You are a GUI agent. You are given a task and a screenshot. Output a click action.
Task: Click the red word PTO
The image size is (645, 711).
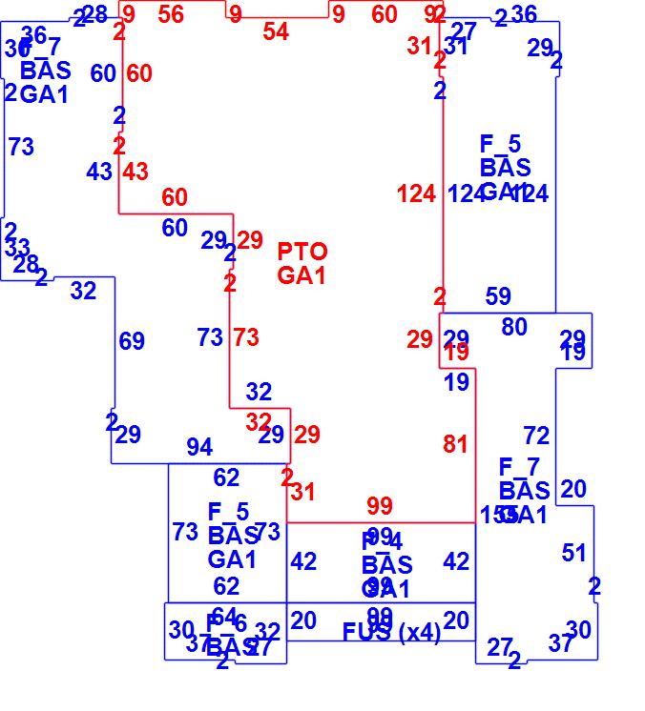click(x=302, y=252)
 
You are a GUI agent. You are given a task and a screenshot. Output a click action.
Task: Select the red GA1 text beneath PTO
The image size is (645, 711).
click(x=302, y=275)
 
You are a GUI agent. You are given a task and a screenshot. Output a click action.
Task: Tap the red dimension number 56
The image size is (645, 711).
click(x=171, y=13)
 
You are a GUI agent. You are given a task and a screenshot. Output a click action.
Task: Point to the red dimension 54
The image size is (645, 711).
click(x=276, y=31)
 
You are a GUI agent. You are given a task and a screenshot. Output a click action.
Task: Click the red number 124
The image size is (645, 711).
click(x=416, y=194)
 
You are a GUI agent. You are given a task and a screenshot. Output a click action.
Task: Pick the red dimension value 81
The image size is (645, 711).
click(x=456, y=444)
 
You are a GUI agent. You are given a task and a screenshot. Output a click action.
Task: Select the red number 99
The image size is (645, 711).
click(x=380, y=505)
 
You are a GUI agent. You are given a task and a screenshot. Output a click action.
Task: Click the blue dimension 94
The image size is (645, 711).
click(x=199, y=447)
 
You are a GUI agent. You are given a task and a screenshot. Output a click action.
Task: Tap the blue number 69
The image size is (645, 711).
click(x=132, y=341)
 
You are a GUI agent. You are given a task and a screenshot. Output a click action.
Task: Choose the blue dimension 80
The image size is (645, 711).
click(x=514, y=327)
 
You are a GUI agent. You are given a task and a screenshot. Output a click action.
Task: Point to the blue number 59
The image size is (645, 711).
click(x=498, y=296)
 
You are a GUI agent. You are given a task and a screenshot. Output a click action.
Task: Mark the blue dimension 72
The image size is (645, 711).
click(x=537, y=436)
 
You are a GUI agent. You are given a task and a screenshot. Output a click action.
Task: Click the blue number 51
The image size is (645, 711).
click(x=574, y=553)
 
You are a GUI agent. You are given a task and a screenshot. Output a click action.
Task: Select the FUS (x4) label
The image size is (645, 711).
click(x=391, y=632)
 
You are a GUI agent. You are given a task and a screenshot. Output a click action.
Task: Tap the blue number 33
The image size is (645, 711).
click(x=17, y=248)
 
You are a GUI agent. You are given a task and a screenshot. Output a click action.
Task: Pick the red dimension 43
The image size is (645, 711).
click(x=135, y=172)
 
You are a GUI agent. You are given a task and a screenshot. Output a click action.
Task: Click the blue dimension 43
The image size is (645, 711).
click(x=99, y=172)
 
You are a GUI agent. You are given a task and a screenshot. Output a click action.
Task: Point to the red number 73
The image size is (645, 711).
click(x=246, y=337)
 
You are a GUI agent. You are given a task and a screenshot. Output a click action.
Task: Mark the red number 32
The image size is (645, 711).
click(x=259, y=421)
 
